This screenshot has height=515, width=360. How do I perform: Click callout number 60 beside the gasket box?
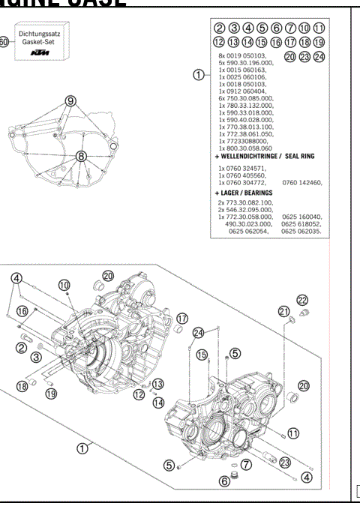coord(3,42)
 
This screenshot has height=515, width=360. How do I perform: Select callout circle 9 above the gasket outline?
coord(70,100)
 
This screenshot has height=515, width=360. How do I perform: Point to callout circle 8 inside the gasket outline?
coord(82,157)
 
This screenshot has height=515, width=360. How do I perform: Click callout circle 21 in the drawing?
coord(284,311)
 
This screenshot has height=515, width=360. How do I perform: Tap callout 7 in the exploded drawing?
coord(245,465)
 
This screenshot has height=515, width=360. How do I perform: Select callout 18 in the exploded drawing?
coord(22,385)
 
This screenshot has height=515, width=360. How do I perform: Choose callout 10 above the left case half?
coord(64,285)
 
